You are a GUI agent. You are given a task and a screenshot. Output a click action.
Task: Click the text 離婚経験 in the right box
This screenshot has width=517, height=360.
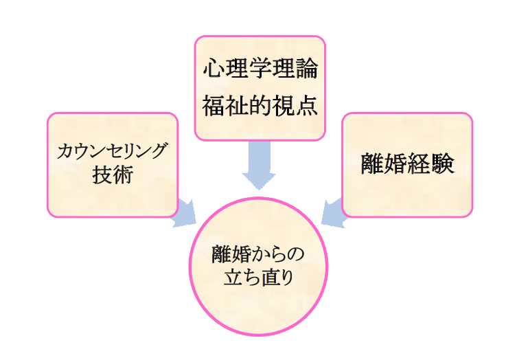[x=407, y=164]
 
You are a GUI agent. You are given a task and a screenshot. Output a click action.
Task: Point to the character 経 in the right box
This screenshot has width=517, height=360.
[x=419, y=164]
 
